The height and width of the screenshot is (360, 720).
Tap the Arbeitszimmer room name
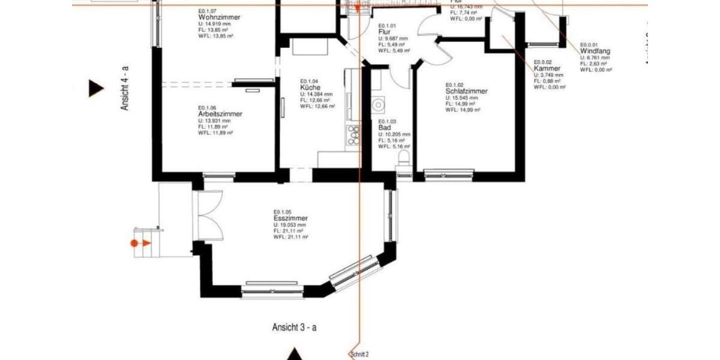220,113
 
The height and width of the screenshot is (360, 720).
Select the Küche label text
310,88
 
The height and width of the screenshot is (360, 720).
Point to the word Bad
385,128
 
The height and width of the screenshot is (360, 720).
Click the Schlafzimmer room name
466,91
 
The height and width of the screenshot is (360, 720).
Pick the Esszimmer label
290,218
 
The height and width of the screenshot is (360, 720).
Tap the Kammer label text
547,68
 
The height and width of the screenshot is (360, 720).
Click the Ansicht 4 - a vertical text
125,88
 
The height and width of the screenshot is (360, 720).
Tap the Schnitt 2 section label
359,355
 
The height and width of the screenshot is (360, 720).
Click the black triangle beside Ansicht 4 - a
95,88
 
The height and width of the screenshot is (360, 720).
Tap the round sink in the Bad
378,106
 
